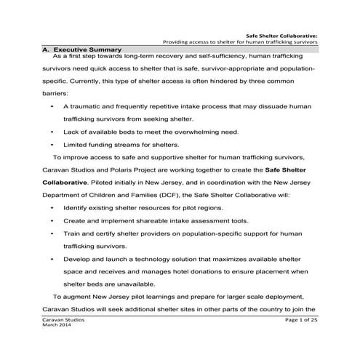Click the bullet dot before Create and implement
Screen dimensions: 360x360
(x=53, y=220)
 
